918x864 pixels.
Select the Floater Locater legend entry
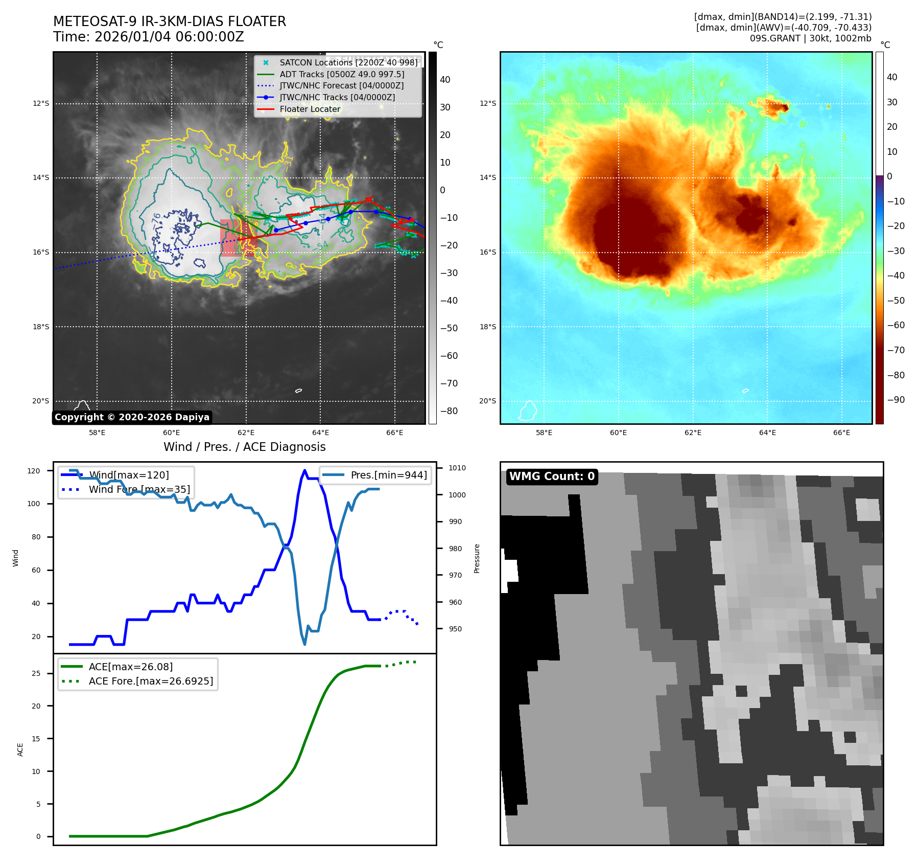pos(310,109)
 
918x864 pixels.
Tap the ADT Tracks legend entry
pos(342,74)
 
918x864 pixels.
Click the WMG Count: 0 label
pos(552,476)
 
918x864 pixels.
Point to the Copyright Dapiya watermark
pos(132,417)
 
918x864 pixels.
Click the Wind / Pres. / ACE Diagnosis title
pos(244,447)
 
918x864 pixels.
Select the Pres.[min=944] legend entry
pos(388,475)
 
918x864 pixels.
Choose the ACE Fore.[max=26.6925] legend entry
pos(151,681)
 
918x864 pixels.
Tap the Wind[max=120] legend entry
pos(129,475)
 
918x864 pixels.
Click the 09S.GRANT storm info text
pos(810,38)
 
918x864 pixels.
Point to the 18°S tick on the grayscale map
pos(41,327)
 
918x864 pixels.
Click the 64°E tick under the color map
pos(767,433)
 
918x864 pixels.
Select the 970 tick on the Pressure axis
pos(455,575)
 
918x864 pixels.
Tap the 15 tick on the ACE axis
pos(36,739)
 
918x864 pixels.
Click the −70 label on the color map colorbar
pos(896,350)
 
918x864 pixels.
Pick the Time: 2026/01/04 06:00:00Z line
pos(149,37)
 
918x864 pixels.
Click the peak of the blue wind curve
pos(304,470)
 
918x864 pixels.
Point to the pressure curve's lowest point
pos(304,644)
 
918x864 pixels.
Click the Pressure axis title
pos(477,558)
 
